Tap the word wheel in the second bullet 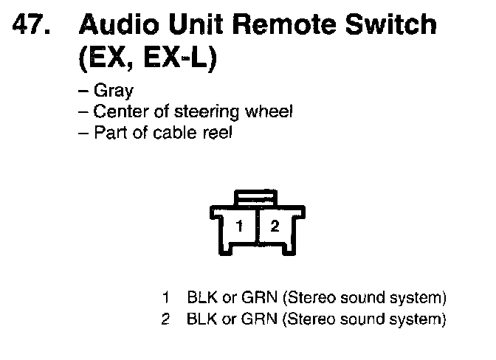pos(269,112)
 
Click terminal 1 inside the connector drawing pos(239,226)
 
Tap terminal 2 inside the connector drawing pos(275,226)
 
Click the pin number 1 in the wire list pos(168,299)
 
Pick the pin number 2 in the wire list pos(168,319)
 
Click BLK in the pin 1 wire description pos(201,299)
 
